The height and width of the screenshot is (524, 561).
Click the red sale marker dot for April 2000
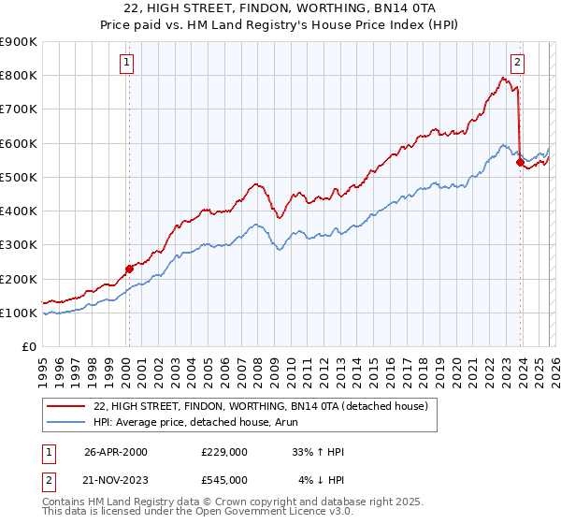pos(129,269)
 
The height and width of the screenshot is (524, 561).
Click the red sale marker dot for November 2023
pos(519,161)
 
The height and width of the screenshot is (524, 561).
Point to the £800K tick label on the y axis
pos(19,75)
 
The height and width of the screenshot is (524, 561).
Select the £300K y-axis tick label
pos(19,245)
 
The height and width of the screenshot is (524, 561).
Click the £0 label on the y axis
pos(28,347)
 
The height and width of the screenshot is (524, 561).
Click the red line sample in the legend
pos(67,406)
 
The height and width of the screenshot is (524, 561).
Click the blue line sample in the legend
pos(67,422)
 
